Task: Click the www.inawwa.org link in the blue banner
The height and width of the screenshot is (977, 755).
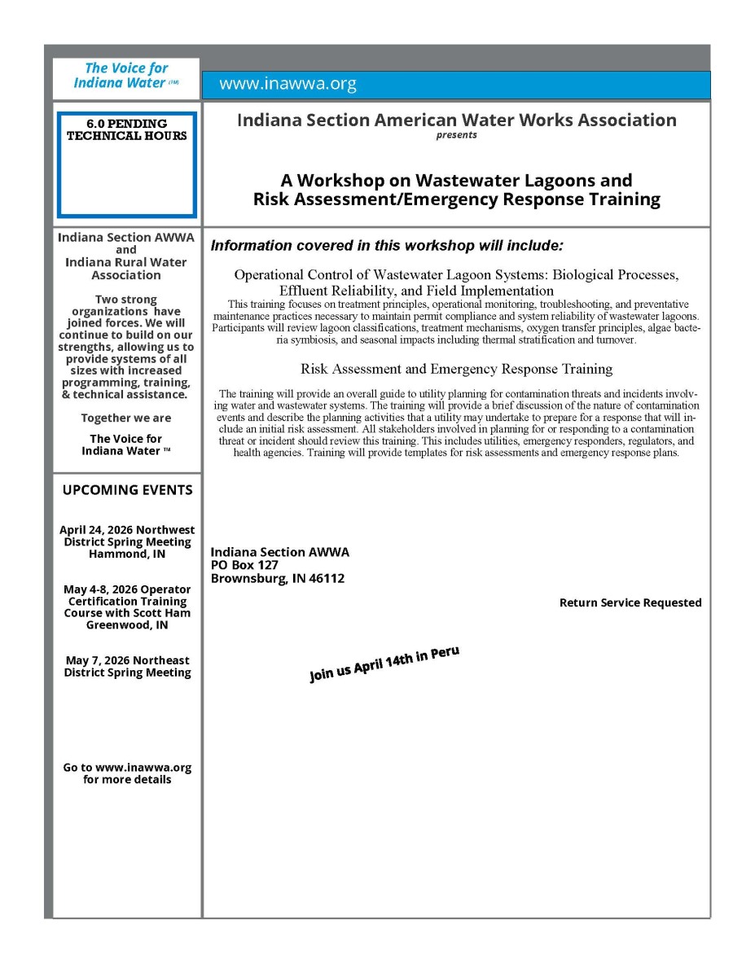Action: (288, 85)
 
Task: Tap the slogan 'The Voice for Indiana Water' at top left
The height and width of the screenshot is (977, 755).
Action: (126, 76)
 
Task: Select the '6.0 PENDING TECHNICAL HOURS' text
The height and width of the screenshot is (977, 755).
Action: (126, 130)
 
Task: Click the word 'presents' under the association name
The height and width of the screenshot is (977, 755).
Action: (456, 135)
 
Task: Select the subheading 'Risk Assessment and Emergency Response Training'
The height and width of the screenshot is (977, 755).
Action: (456, 369)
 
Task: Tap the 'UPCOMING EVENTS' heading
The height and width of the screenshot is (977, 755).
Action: (127, 490)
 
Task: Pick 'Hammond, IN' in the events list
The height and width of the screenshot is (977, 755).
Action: (127, 554)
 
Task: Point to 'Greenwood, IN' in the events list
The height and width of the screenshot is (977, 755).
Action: (127, 625)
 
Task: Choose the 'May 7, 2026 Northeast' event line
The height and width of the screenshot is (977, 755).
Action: (127, 660)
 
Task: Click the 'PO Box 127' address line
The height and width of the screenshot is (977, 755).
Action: (244, 565)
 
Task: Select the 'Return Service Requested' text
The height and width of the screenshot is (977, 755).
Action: (630, 603)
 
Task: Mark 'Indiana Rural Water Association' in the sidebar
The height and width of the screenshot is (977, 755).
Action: (126, 269)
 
